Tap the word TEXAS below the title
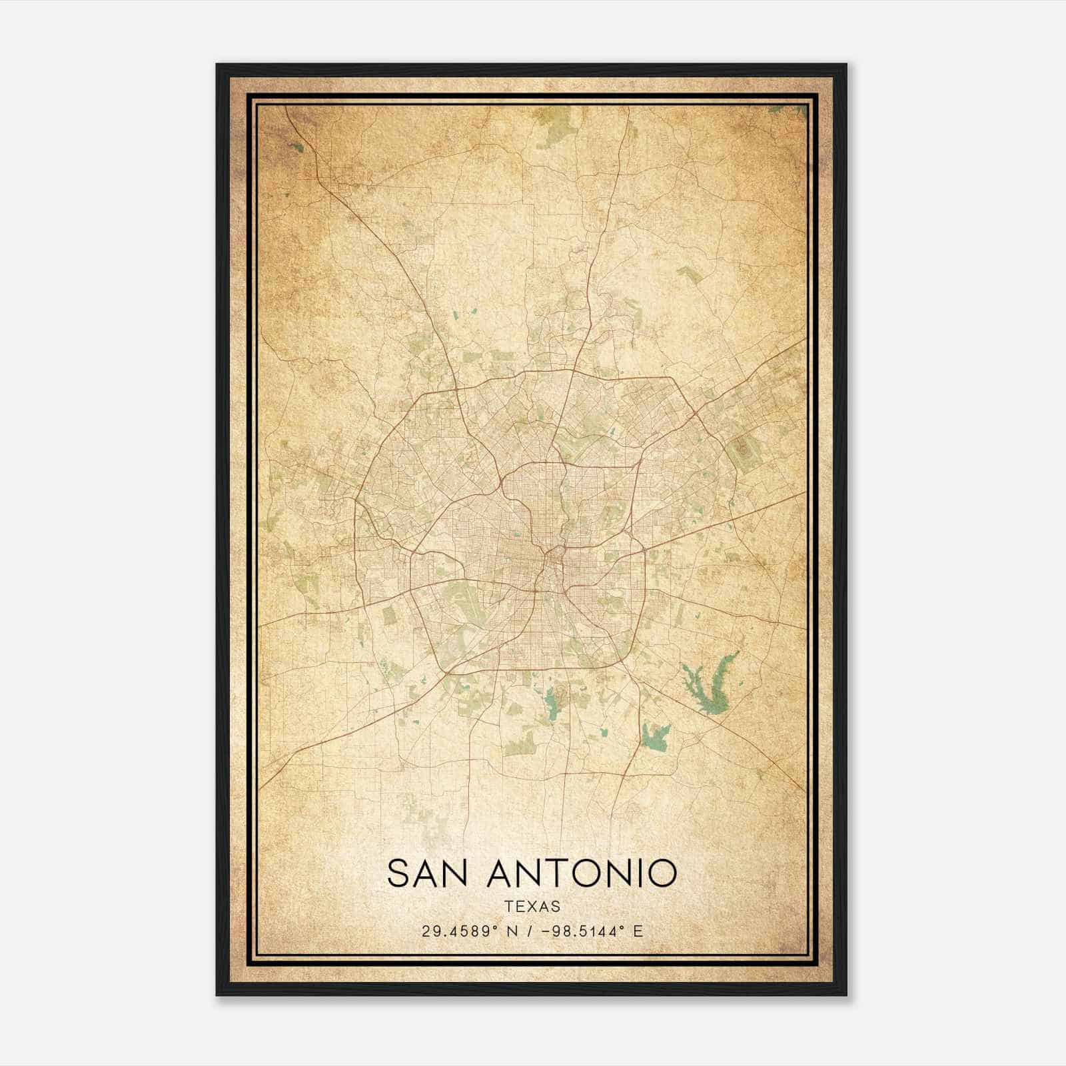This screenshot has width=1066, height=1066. click(532, 906)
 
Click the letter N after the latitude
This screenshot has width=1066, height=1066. click(512, 931)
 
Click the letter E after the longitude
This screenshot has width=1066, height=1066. click(638, 931)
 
